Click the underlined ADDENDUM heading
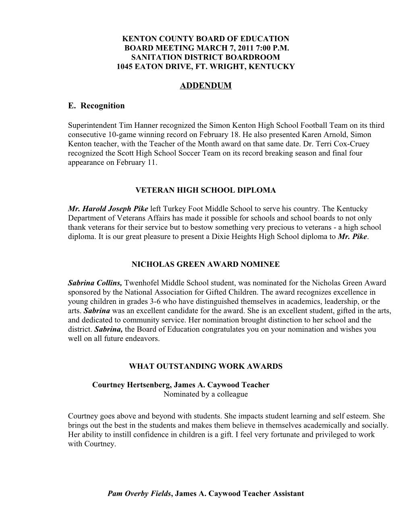[205, 86]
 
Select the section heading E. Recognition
[96, 106]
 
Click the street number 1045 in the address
[125, 66]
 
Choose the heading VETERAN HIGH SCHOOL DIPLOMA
[205, 190]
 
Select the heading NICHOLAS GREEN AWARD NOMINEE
[205, 265]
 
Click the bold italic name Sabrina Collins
[95, 283]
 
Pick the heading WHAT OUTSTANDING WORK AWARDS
[205, 366]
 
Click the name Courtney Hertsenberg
[130, 385]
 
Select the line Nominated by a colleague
[205, 394]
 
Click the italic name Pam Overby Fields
[139, 494]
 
